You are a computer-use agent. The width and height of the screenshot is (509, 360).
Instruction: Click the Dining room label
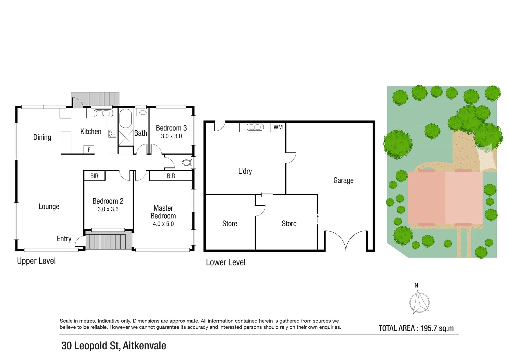42,137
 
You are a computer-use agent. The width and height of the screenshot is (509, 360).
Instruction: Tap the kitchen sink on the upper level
103,113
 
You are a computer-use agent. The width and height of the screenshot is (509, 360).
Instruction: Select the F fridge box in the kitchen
89,150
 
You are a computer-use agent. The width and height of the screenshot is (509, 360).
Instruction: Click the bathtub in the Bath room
126,119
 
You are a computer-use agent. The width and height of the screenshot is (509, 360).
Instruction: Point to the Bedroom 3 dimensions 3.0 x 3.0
171,136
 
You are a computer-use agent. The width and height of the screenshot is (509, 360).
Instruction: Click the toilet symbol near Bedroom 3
187,163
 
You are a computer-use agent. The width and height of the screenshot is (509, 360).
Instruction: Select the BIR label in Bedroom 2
94,176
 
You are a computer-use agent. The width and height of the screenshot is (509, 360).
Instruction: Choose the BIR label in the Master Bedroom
171,176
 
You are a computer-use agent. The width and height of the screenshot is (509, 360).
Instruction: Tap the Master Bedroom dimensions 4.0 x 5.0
163,224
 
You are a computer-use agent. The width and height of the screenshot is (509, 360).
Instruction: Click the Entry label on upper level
64,239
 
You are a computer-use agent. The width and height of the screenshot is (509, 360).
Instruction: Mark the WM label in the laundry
278,127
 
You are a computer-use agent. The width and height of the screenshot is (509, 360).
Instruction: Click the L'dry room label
245,171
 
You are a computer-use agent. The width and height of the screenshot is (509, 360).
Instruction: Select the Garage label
343,180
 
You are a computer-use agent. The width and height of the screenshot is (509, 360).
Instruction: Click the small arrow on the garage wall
318,219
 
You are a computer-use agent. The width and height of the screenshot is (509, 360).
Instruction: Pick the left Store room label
230,224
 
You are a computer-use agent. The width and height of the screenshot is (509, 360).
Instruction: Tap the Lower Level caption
226,263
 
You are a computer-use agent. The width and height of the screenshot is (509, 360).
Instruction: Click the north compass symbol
419,302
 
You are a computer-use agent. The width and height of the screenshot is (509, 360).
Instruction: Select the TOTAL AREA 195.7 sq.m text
416,328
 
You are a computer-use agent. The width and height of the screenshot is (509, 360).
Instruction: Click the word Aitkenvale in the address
144,346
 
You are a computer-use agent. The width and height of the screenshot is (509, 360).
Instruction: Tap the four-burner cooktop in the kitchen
112,134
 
